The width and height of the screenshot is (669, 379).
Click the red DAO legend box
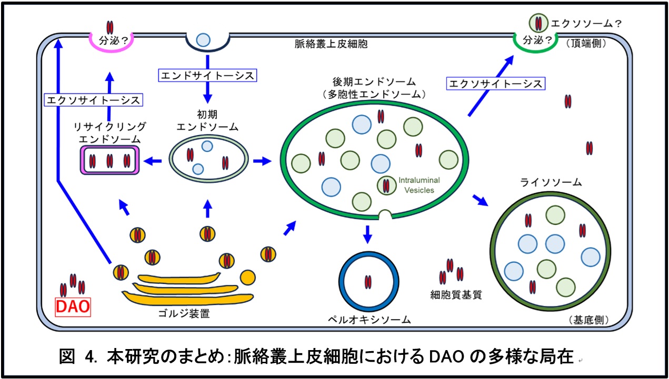(73, 306)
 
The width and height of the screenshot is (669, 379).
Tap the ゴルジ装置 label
(183, 314)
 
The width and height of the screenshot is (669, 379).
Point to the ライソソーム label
(551, 183)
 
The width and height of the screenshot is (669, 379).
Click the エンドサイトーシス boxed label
(207, 76)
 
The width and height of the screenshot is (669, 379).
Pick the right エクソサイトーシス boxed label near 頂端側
(495, 83)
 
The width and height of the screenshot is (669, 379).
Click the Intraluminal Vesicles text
(418, 185)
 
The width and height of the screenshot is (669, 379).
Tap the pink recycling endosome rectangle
(109, 160)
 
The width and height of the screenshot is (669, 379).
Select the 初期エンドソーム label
(207, 120)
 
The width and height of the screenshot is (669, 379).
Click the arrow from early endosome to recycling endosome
(154, 161)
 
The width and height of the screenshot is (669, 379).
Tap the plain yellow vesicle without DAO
(248, 277)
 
